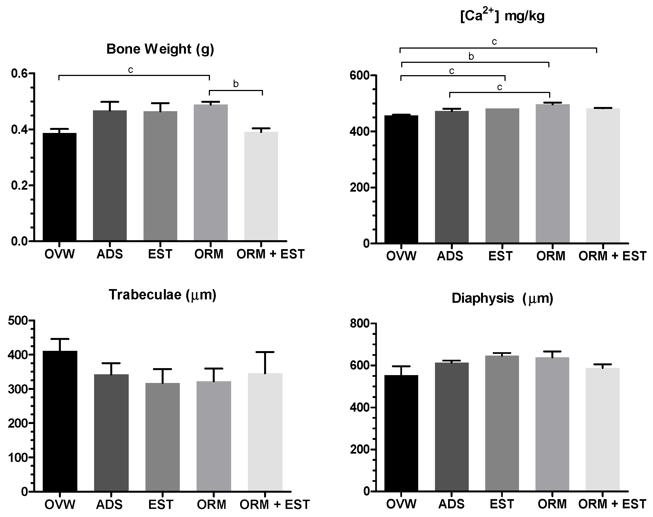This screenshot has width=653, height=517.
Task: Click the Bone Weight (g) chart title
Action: [x=160, y=49]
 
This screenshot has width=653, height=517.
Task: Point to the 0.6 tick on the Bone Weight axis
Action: [x=19, y=73]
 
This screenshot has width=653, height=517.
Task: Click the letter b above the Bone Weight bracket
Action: [x=236, y=84]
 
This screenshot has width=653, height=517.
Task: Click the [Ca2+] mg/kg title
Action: [x=502, y=16]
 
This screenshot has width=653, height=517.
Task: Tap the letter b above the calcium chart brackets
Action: [x=471, y=57]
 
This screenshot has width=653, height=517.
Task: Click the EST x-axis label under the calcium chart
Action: [x=501, y=256]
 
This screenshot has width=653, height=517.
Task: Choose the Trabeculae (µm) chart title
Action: [x=162, y=294]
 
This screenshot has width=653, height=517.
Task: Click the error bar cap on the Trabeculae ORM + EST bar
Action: [x=265, y=352]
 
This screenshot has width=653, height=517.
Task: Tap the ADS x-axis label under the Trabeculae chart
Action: [x=109, y=505]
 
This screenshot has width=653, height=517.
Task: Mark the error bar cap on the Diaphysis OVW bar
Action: [x=401, y=366]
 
